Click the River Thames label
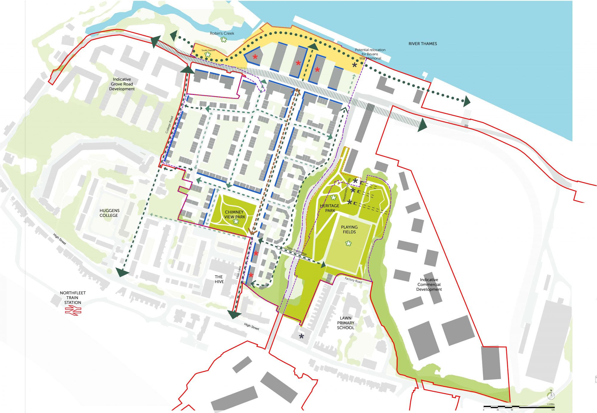(422, 44)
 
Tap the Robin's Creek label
(222, 33)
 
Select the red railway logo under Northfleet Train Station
(73, 311)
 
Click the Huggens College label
(109, 213)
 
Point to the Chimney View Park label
(235, 214)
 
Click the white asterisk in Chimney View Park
(236, 222)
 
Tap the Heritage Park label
(330, 208)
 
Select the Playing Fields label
(349, 229)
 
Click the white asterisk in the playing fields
(348, 243)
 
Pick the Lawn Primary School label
(346, 323)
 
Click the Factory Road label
(353, 280)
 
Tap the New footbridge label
(297, 251)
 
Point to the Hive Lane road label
(239, 272)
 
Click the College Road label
(170, 125)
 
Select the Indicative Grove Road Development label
(122, 84)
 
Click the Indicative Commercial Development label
(429, 284)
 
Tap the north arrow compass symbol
(551, 396)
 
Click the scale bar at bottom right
(519, 407)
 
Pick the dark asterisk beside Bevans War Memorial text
(354, 65)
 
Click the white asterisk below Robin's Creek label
(224, 39)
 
